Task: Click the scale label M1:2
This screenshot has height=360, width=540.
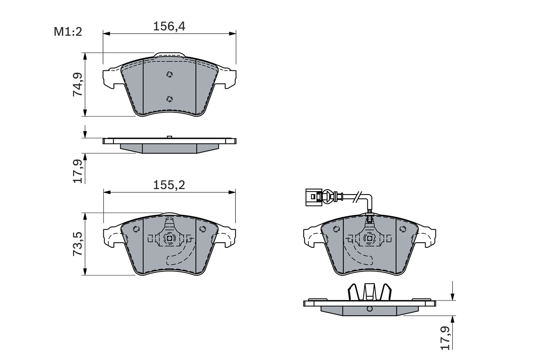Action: (x=67, y=31)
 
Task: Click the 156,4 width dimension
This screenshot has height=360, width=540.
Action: (x=169, y=27)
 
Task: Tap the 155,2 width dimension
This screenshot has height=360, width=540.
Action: (x=169, y=185)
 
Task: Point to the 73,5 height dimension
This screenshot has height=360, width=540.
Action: (x=78, y=244)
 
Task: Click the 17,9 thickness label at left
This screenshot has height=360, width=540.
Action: (x=78, y=171)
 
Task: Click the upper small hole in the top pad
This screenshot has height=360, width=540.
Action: (x=170, y=74)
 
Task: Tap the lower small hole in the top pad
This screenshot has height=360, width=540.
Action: (x=170, y=99)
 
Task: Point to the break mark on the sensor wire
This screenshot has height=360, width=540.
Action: (x=358, y=196)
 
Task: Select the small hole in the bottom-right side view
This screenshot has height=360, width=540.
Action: (x=370, y=309)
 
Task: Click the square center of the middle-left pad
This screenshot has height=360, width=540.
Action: (x=170, y=238)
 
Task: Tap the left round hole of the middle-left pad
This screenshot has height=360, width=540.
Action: (x=136, y=229)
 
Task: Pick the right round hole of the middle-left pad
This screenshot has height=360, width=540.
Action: (x=202, y=229)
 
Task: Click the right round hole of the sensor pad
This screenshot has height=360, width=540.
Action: (x=402, y=229)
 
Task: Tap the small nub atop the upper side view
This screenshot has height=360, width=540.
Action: (x=169, y=137)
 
